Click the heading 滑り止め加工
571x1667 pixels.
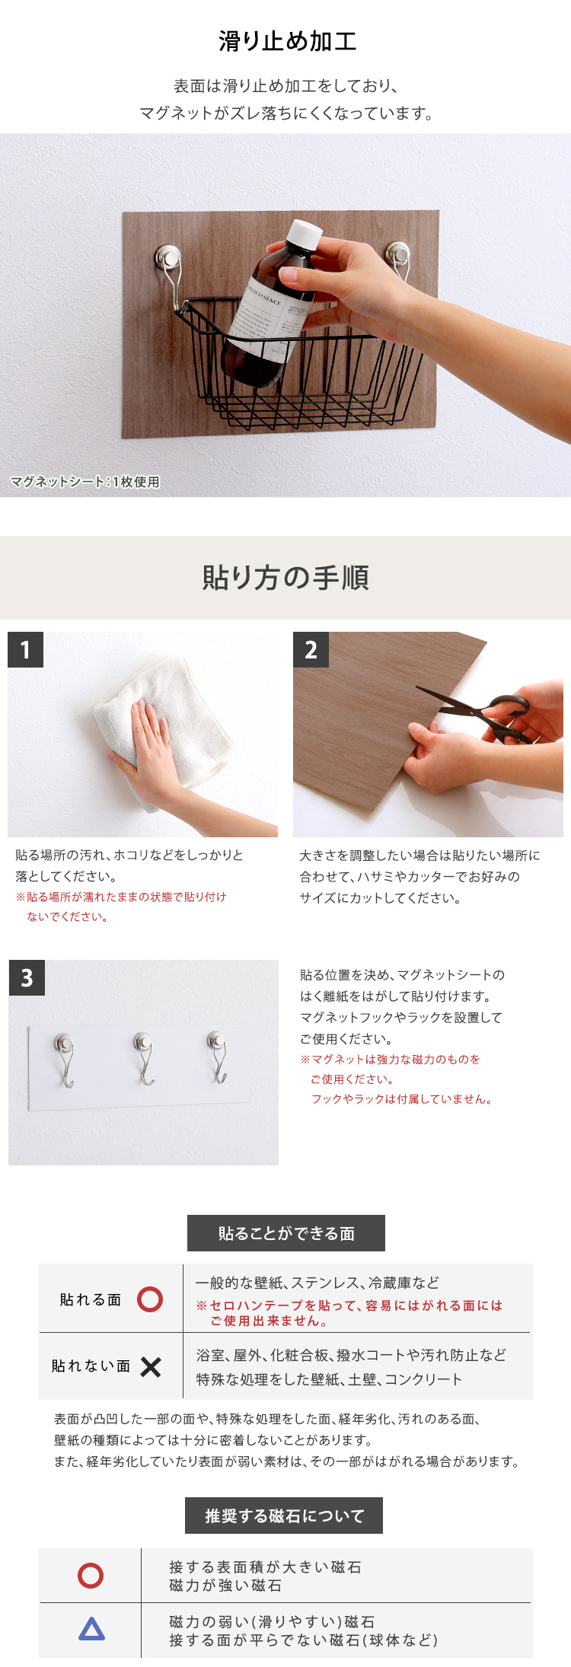coord(287,41)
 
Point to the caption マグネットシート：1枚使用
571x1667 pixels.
coord(85,482)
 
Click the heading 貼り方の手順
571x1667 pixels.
coord(285,578)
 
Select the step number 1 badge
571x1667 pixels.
coord(25,649)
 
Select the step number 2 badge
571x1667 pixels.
coord(311,649)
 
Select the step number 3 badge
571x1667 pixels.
coord(27,977)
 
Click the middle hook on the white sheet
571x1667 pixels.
coord(143,1057)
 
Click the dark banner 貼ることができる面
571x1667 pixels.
coord(286,1233)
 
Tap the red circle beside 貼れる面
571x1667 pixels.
coord(150,1299)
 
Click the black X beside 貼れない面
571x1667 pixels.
coord(151,1367)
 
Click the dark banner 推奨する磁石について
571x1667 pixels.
coord(284,1516)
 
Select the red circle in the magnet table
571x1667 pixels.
coord(91,1575)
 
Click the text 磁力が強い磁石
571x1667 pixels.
coord(225,1585)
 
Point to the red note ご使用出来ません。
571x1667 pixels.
coord(270,1321)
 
